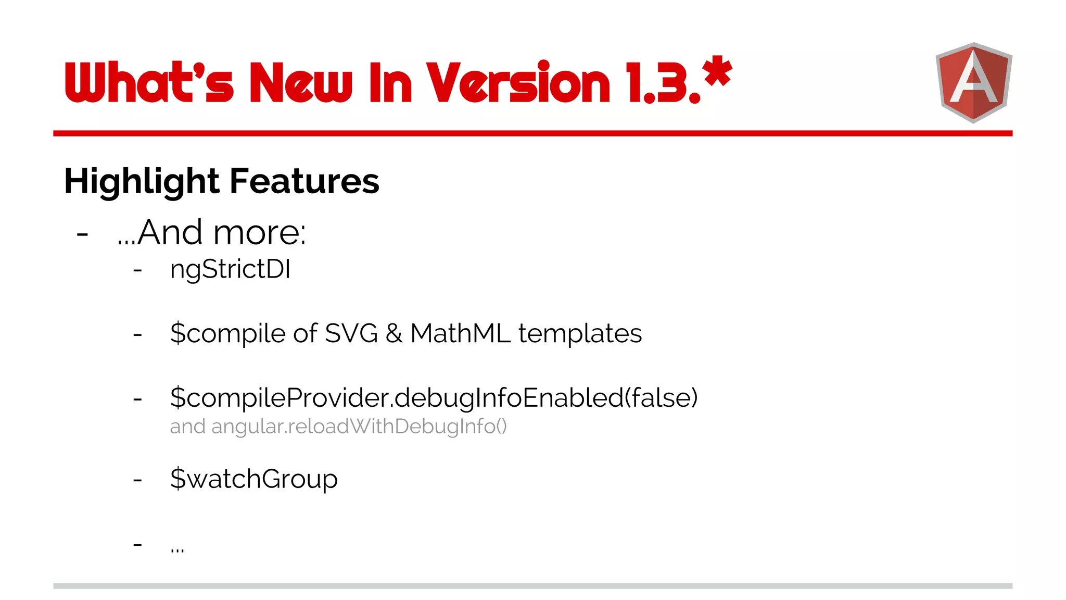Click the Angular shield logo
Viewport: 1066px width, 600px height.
pyautogui.click(x=973, y=82)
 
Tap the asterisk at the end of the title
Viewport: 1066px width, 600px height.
pyautogui.click(x=717, y=72)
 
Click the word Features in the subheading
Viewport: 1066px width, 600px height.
pyautogui.click(x=304, y=181)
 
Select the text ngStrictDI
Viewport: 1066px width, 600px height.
pyautogui.click(x=230, y=270)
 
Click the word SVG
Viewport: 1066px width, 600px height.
pyautogui.click(x=351, y=333)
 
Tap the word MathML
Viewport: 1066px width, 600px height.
pyautogui.click(x=460, y=333)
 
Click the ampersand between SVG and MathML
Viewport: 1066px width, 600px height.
pyautogui.click(x=394, y=333)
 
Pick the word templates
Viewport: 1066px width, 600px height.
pyautogui.click(x=580, y=333)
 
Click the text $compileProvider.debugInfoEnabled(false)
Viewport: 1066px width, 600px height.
pyautogui.click(x=434, y=398)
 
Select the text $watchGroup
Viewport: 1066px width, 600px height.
pyautogui.click(x=254, y=479)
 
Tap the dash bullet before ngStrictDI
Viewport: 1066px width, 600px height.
pyautogui.click(x=137, y=270)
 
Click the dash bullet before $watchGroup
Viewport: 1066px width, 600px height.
pyautogui.click(x=137, y=479)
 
